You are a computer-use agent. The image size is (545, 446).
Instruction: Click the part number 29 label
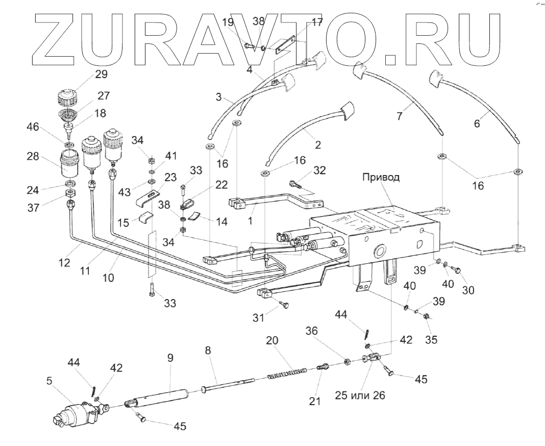[x=101, y=75]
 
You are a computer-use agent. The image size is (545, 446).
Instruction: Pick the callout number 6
[x=477, y=122]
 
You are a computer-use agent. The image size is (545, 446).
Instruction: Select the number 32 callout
[x=320, y=171]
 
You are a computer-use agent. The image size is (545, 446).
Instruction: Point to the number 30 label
[x=468, y=290]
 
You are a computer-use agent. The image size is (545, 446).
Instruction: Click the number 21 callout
[x=315, y=401]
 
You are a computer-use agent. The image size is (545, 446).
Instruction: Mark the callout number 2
[x=317, y=144]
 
